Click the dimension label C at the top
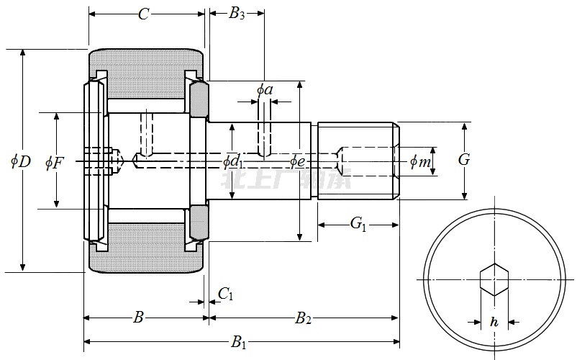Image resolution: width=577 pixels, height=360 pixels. (x=143, y=14)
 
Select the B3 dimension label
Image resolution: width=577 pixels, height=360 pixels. (x=237, y=14)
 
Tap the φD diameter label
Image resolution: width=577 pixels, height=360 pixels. (x=21, y=161)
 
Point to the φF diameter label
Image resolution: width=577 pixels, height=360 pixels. (x=55, y=162)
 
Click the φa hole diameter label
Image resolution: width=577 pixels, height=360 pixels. (x=265, y=90)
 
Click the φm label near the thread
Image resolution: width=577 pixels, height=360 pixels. (x=420, y=162)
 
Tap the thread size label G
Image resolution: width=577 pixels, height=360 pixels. (x=464, y=160)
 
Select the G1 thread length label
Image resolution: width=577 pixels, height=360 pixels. (x=358, y=224)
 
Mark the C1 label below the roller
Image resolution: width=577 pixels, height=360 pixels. (x=225, y=293)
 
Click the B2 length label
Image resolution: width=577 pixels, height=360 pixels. (x=303, y=318)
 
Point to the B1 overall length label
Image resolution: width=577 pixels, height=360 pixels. (x=238, y=343)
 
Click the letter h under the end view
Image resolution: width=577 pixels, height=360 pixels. (x=494, y=323)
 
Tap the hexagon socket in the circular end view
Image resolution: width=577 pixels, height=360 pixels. (x=494, y=279)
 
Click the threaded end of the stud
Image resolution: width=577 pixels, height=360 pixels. (x=358, y=161)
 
